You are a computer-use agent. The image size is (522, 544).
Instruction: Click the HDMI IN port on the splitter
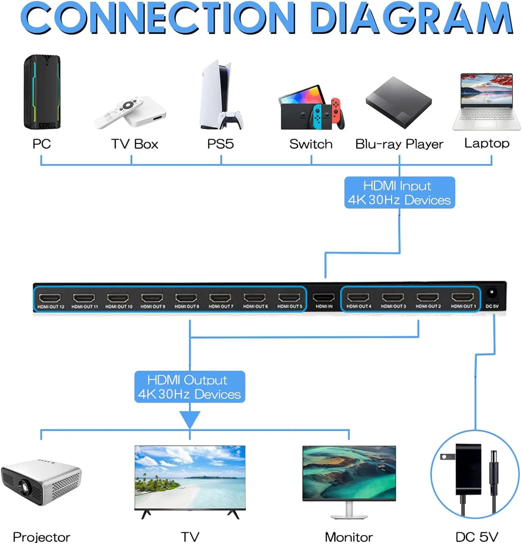[x=324, y=298]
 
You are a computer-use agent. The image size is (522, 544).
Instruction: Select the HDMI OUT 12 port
[x=50, y=298]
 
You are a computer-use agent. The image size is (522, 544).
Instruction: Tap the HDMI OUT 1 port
[x=463, y=298]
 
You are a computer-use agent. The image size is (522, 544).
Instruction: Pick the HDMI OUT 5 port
[x=289, y=298]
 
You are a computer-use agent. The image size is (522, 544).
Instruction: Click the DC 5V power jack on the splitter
[x=492, y=293]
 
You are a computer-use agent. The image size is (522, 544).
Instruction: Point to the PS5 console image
[x=221, y=95]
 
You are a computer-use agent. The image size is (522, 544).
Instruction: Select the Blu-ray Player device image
[x=399, y=102]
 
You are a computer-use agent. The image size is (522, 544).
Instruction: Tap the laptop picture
[x=486, y=102]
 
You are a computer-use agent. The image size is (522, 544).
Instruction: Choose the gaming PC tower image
[x=42, y=92]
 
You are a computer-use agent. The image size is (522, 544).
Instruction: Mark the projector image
[x=41, y=483]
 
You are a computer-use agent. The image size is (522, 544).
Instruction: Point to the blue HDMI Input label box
[x=399, y=193]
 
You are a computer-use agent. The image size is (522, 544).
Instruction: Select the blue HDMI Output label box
[x=190, y=387]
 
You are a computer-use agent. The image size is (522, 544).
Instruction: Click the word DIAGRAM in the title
[x=411, y=18]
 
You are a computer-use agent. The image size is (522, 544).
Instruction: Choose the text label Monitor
[x=349, y=537]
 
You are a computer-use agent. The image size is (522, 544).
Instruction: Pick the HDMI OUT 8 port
[x=186, y=298]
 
